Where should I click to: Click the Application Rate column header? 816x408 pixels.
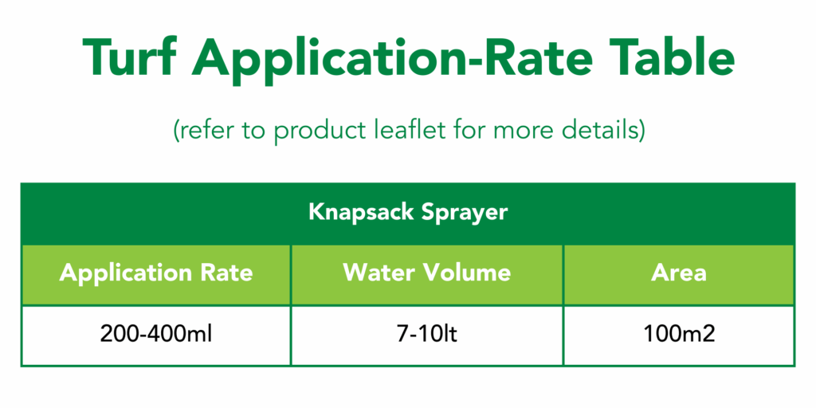tap(156, 273)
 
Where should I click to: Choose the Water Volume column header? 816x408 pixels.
tap(427, 273)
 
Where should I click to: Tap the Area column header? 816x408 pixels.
tap(679, 273)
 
